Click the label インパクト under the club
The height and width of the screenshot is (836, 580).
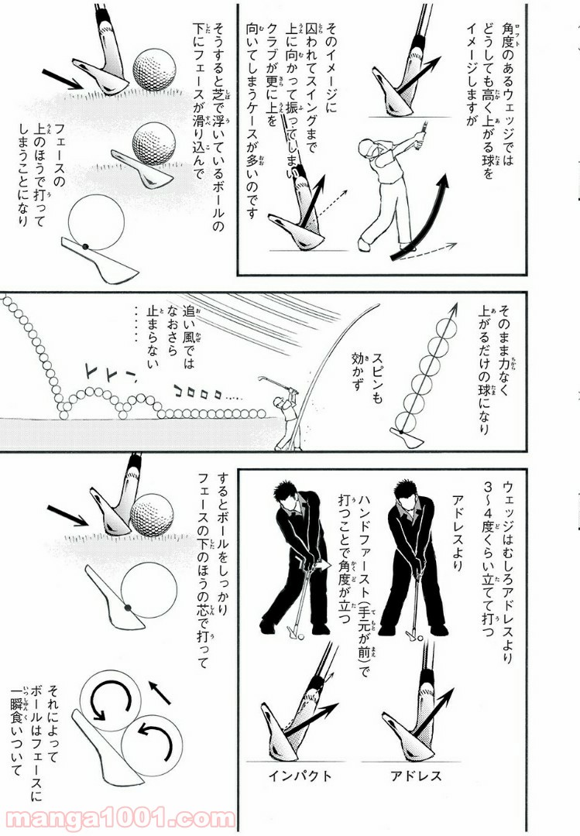click(x=300, y=775)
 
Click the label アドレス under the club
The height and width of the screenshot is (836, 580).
click(x=416, y=775)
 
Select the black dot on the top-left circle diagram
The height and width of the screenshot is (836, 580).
click(x=85, y=246)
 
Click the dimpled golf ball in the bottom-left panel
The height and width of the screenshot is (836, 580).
click(x=153, y=515)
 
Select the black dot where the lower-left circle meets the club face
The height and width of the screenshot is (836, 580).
click(x=128, y=608)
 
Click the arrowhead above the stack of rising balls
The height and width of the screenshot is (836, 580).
click(x=454, y=310)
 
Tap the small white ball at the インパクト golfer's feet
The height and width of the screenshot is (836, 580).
click(x=301, y=636)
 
